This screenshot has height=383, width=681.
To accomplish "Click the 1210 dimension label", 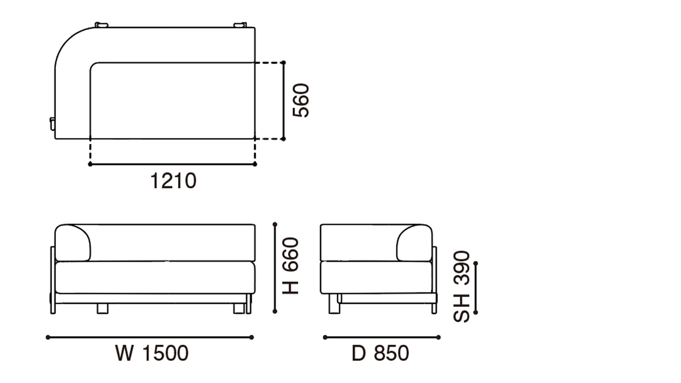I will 173,181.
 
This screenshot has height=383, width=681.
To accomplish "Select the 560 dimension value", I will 301,100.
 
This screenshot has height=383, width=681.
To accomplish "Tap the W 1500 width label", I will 152,353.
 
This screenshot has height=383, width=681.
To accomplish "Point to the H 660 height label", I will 291,266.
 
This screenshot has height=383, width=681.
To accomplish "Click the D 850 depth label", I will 380,353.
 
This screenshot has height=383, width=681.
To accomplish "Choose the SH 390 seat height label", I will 462,286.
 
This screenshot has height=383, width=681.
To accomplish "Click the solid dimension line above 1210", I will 172,164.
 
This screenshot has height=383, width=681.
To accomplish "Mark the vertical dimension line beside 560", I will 283,100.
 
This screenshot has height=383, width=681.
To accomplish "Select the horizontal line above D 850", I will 381,337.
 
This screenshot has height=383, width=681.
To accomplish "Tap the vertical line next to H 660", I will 275,268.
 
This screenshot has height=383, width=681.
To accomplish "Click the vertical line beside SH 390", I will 475,288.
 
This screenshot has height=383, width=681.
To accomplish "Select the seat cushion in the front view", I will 155,277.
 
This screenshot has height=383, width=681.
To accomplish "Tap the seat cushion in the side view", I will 376,277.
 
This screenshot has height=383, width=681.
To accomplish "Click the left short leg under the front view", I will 102,309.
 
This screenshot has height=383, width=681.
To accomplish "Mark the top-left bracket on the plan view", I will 101,25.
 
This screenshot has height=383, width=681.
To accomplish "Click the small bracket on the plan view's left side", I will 52,123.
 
